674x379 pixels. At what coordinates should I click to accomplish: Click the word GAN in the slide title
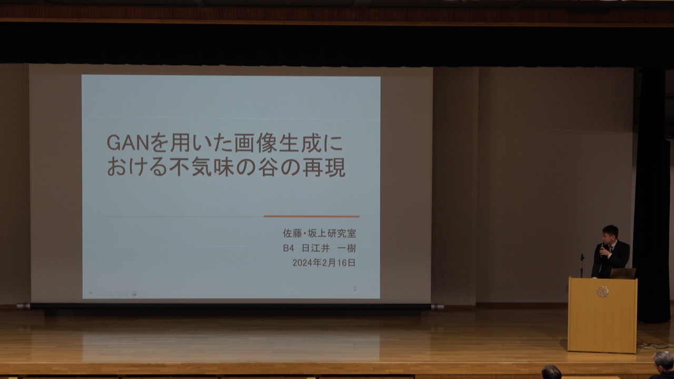pyautogui.click(x=128, y=143)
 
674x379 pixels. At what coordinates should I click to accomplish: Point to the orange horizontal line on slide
pyautogui.click(x=311, y=216)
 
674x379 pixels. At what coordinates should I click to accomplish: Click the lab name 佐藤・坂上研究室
pyautogui.click(x=319, y=233)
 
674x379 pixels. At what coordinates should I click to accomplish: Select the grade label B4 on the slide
pyautogui.click(x=288, y=248)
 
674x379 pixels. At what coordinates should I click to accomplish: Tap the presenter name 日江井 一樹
pyautogui.click(x=329, y=248)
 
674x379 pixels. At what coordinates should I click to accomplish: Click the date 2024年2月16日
pyautogui.click(x=324, y=263)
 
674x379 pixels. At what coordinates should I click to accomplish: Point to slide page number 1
pyautogui.click(x=355, y=289)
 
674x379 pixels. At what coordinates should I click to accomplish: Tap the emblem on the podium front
pyautogui.click(x=603, y=292)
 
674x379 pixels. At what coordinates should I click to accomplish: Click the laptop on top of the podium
pyautogui.click(x=623, y=273)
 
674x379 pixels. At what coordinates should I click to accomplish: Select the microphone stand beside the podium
pyautogui.click(x=582, y=266)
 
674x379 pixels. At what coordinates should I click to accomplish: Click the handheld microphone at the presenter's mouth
pyautogui.click(x=602, y=248)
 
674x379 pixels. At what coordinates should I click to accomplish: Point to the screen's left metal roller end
pyautogui.click(x=23, y=306)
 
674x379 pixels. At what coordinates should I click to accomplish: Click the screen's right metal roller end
pyautogui.click(x=438, y=307)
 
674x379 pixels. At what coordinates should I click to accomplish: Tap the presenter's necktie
pyautogui.click(x=610, y=250)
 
